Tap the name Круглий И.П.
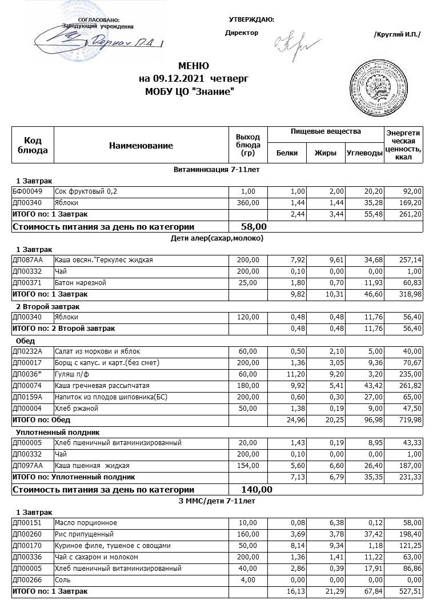point(396,34)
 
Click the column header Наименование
point(141,146)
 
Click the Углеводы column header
point(364,153)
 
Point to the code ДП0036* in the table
point(26,374)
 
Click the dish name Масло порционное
point(85,523)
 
